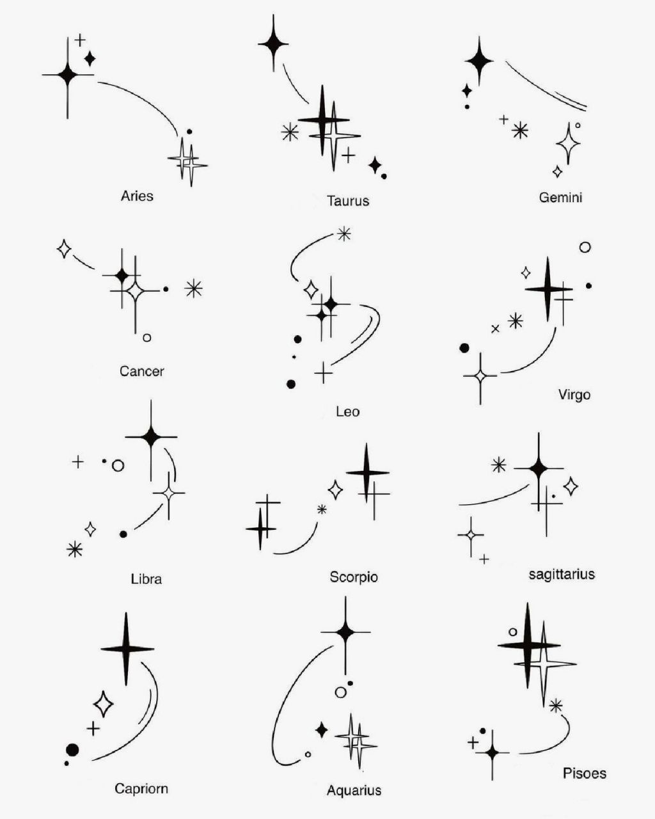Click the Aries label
pos(137,196)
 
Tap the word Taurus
pos(348,201)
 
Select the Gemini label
pos(560,198)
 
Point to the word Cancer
pos(141,371)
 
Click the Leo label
pos(347,411)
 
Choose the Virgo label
pos(574,395)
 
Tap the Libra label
pos(146,579)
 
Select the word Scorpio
pos(354,577)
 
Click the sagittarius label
pos(562,574)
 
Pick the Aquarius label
pos(354,790)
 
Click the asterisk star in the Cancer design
pos(193,289)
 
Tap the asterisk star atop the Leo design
pos(344,234)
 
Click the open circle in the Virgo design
pos(585,247)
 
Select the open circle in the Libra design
pos(118,466)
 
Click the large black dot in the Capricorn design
pos(72,749)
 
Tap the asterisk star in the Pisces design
pos(556,706)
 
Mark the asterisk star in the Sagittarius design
pos(498,465)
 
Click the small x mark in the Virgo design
pos(495,329)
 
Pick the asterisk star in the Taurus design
pos(290,132)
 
